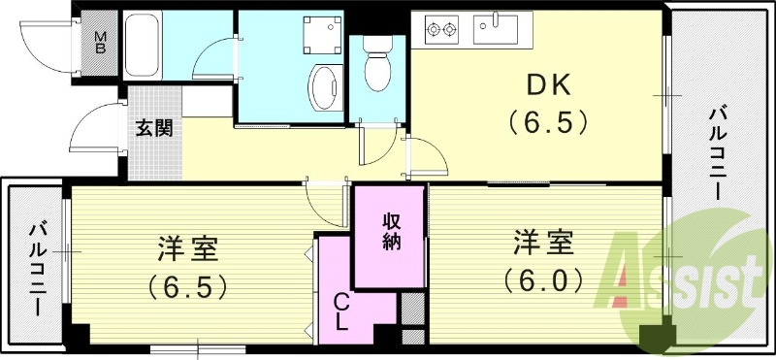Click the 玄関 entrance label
pyautogui.click(x=154, y=127)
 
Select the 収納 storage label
pyautogui.click(x=390, y=234)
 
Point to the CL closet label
pyautogui.click(x=341, y=312)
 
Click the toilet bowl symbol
pyautogui.click(x=375, y=66)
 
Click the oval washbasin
pyautogui.click(x=322, y=87)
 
